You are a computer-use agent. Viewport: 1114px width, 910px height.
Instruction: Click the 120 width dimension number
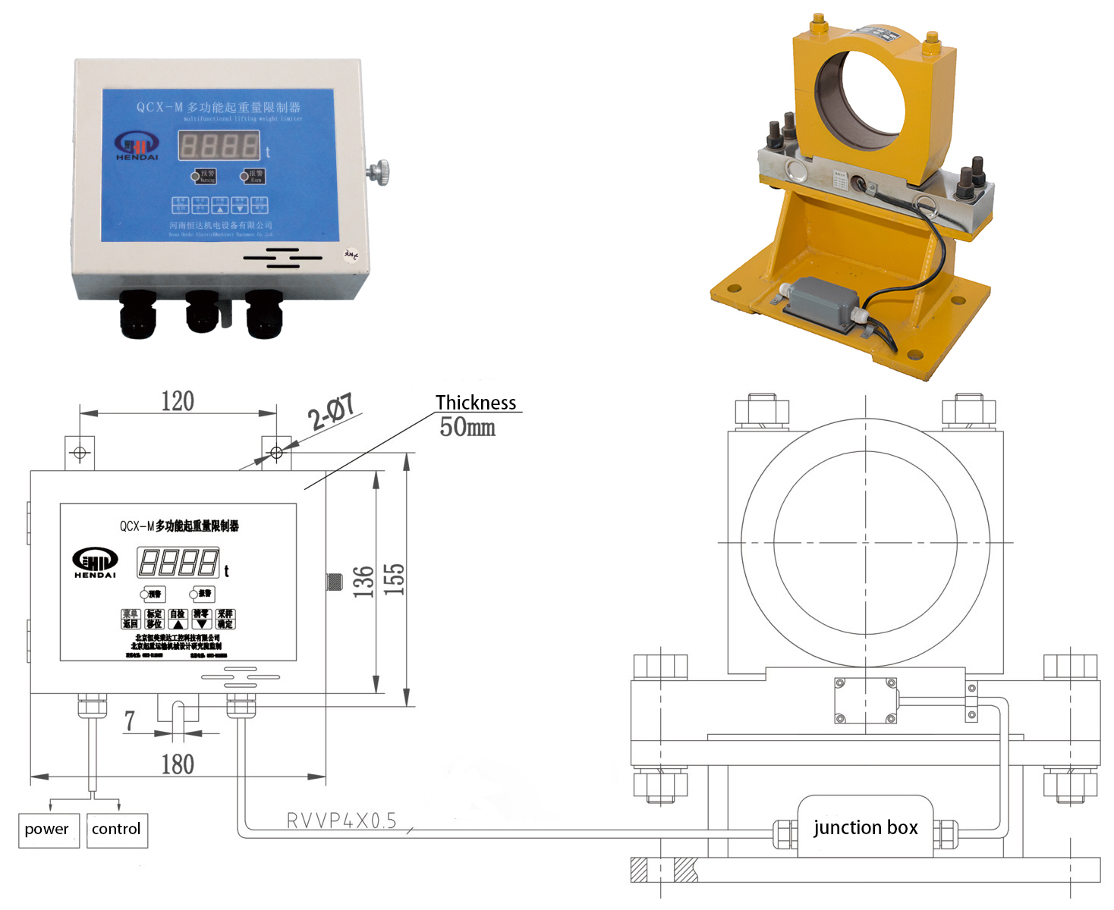point(178,401)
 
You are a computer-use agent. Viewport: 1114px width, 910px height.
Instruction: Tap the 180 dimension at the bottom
point(178,764)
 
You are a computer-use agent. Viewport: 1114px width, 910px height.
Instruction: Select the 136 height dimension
point(364,582)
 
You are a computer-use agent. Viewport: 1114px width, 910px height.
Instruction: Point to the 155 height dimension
point(394,579)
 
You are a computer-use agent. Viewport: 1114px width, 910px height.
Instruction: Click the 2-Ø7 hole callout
point(331,412)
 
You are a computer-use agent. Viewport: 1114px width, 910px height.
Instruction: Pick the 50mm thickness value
point(467,428)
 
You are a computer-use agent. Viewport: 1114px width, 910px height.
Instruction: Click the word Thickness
point(476,403)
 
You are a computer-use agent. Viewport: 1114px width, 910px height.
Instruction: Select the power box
point(47,830)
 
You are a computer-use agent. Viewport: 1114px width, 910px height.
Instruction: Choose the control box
point(116,830)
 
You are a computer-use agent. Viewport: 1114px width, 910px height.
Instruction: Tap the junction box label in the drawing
point(865,827)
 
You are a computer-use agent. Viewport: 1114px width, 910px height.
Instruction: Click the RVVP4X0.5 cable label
point(341,821)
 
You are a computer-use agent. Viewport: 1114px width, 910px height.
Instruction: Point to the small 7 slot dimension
point(130,720)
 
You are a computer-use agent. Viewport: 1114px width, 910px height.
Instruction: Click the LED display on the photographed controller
point(219,145)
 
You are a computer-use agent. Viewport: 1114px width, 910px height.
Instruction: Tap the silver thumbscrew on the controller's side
point(378,171)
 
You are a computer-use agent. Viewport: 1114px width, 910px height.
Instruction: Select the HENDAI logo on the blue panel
point(137,146)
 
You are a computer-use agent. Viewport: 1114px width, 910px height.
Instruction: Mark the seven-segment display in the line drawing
point(178,563)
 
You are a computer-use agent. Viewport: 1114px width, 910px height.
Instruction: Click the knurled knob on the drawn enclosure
point(333,582)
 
